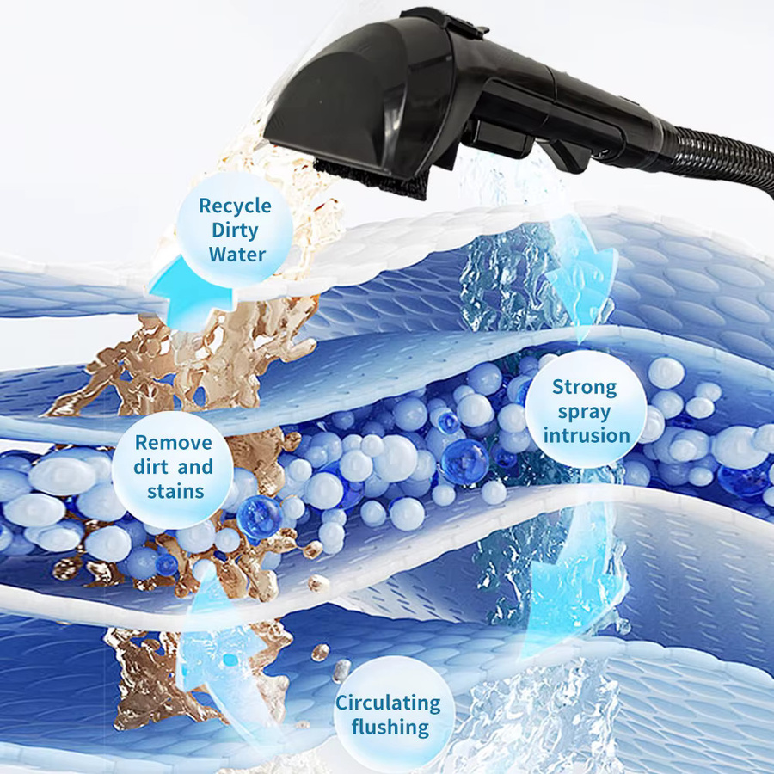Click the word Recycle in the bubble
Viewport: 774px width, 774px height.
point(235,206)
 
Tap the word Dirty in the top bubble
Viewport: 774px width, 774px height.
point(235,230)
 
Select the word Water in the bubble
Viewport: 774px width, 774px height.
point(237,255)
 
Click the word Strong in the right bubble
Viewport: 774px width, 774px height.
point(585,388)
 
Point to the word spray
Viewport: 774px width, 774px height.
point(585,412)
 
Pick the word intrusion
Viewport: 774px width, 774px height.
point(587,436)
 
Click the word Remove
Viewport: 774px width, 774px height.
point(174,443)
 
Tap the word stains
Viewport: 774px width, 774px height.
point(175,492)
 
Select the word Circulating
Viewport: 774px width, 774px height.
point(388,703)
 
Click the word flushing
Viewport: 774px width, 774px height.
point(390,728)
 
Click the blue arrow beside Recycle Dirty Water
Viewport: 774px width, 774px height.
point(190,295)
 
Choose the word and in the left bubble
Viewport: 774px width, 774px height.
point(195,467)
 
